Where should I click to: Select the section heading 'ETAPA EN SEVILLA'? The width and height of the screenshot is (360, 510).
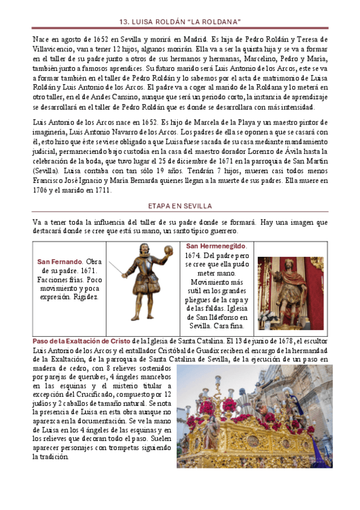pyautogui.click(x=180, y=206)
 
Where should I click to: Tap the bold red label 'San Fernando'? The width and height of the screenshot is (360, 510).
pyautogui.click(x=58, y=262)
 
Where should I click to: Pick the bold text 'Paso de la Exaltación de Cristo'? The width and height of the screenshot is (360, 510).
pyautogui.click(x=81, y=341)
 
